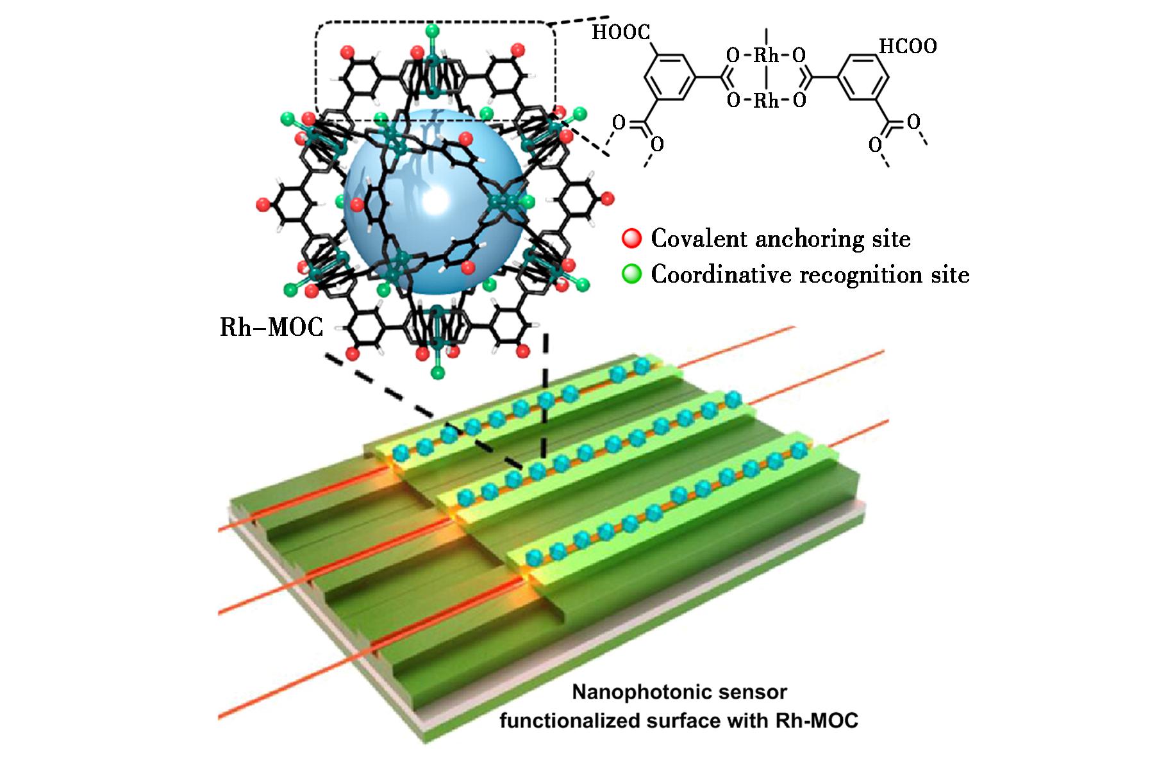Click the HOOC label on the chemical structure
620,32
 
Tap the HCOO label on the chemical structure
908,46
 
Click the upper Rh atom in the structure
766,56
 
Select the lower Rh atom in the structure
766,101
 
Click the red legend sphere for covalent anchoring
631,239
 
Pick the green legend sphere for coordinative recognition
631,275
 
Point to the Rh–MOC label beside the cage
272,328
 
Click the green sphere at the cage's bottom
438,373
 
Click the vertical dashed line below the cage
545,397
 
